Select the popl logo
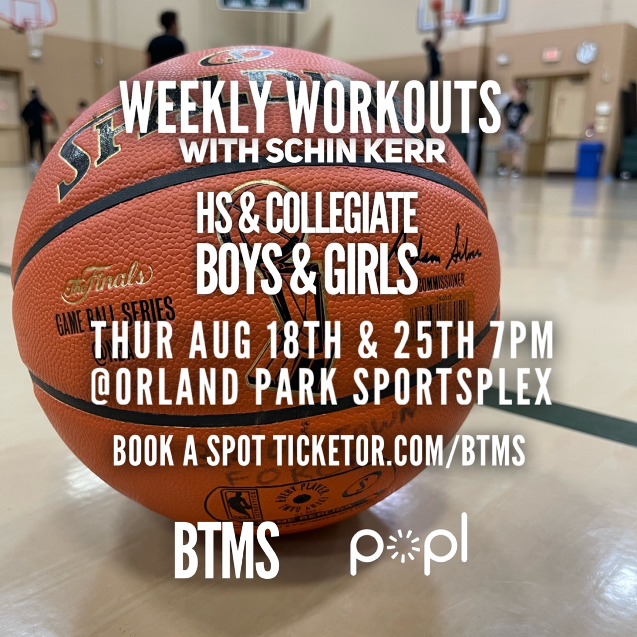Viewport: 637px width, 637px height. click(x=409, y=546)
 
